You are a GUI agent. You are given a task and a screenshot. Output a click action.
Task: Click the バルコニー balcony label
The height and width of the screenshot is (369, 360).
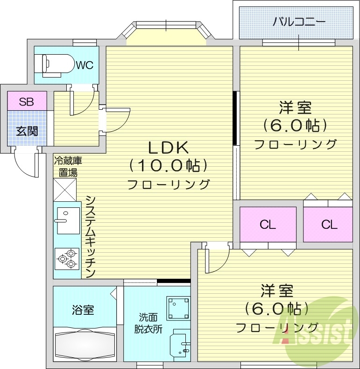299,21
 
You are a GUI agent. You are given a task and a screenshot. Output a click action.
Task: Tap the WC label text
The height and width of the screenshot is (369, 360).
85,65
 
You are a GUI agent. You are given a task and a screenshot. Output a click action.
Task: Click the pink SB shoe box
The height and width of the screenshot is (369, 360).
27,102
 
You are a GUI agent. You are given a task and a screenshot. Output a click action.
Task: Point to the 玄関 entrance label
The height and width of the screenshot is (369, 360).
27,131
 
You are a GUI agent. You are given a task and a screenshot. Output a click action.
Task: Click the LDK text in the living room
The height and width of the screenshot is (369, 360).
168,148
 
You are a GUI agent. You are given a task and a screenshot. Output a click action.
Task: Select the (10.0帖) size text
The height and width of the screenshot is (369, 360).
168,165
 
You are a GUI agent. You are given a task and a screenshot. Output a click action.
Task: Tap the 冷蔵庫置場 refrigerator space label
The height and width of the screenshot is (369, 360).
68,167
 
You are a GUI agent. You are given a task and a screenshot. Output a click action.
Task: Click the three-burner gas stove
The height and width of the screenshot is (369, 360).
67,258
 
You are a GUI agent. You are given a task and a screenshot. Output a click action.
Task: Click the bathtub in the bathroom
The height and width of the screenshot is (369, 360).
85,345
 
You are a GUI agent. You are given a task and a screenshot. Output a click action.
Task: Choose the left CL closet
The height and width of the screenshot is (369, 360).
268,225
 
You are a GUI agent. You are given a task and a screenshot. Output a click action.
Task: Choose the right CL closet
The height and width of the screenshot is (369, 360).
329,225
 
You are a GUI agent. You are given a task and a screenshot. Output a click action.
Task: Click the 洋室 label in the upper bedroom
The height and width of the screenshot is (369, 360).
295,108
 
